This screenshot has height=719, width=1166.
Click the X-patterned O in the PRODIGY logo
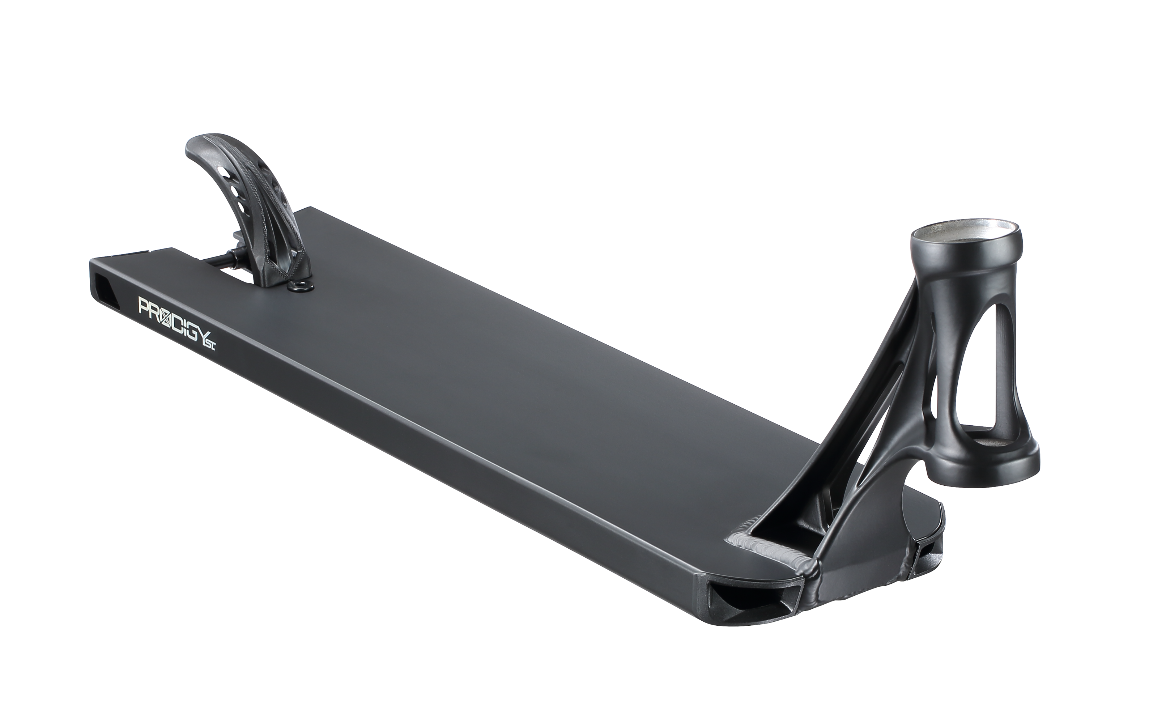point(162,314)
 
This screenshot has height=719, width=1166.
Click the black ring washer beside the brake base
point(301,286)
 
